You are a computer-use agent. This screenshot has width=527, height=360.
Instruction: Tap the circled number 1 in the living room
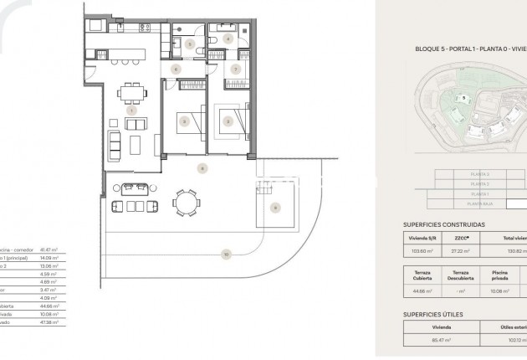coord(131,111)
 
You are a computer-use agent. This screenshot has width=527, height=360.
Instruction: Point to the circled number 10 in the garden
coord(226,253)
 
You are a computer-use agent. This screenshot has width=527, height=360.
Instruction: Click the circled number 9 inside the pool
coord(275,207)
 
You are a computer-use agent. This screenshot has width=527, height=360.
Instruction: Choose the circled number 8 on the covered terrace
coord(201,169)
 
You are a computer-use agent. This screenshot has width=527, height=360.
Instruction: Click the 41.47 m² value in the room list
coord(53,250)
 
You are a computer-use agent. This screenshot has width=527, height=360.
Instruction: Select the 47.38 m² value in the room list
coord(52,321)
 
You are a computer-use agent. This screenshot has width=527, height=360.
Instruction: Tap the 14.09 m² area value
coord(53,258)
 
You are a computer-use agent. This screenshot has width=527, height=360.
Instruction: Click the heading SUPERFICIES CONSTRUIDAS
coord(443,225)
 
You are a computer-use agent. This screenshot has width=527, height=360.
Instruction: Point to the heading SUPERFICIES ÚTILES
coord(432,314)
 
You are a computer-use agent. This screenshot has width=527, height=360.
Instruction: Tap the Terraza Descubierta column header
coord(461,276)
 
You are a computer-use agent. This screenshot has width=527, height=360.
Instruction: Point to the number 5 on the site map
coord(463,98)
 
